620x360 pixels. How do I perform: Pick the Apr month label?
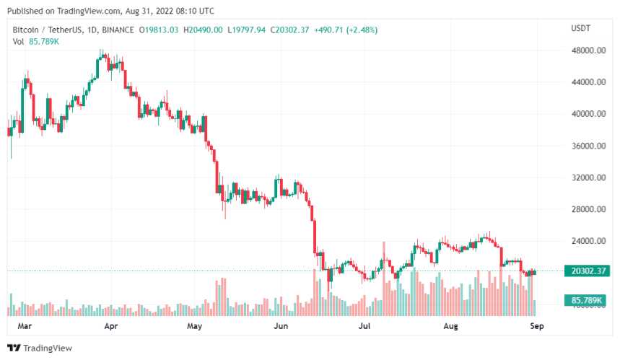click(110, 326)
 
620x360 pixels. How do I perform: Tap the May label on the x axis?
click(194, 326)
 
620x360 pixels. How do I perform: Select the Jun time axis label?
click(281, 326)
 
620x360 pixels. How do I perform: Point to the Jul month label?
click(364, 326)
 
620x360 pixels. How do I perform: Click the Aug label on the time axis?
click(450, 326)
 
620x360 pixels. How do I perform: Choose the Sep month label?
click(536, 326)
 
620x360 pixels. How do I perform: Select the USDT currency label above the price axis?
click(580, 30)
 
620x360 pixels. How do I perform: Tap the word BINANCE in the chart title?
click(117, 30)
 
